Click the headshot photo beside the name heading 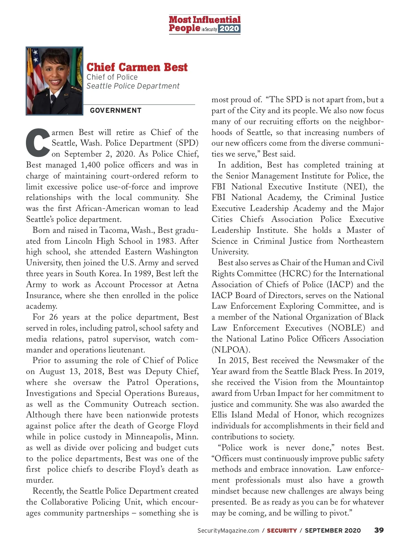pyautogui.click(x=54, y=81)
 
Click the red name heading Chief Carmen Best pyautogui.click(x=137, y=67)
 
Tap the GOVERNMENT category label pyautogui.click(x=115, y=110)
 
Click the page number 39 pyautogui.click(x=379, y=530)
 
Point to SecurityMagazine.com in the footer pyautogui.click(x=228, y=531)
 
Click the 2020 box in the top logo pyautogui.click(x=229, y=29)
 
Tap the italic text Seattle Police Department pyautogui.click(x=133, y=86)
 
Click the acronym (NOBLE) pyautogui.click(x=346, y=328)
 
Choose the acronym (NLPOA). pyautogui.click(x=231, y=350)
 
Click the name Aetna pyautogui.click(x=188, y=284)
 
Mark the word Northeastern pyautogui.click(x=361, y=241)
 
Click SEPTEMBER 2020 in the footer pyautogui.click(x=333, y=531)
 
